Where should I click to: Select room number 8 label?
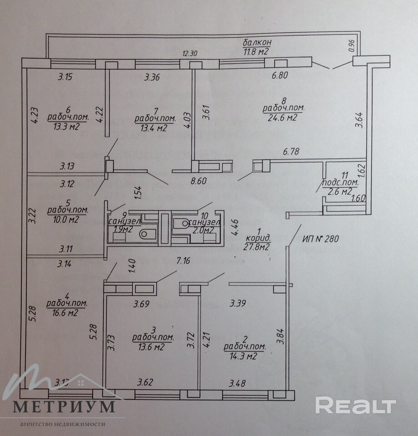point(284,101)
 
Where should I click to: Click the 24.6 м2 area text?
point(283,118)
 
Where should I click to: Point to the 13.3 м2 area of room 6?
point(66,126)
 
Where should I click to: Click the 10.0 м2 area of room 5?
point(66,220)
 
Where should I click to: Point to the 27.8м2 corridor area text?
point(257,247)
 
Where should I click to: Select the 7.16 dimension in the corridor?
point(183,261)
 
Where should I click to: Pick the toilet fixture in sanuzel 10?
point(181,223)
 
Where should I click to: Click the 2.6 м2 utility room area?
point(339,191)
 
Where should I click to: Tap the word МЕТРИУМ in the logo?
point(64,406)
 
